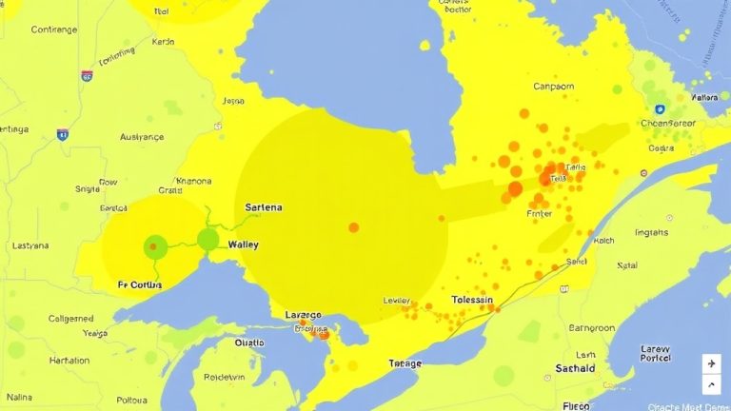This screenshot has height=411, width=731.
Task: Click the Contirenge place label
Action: [x=53, y=29]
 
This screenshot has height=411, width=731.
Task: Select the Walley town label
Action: [x=243, y=245]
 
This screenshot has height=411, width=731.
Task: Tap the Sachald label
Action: [x=575, y=368]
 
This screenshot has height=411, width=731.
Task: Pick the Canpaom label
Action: [x=553, y=87]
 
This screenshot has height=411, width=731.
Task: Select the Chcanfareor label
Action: [x=669, y=122]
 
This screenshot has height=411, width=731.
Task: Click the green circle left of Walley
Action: [x=207, y=240]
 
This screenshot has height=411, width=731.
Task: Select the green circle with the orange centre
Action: [x=154, y=248]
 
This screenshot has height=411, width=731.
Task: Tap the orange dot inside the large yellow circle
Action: [x=354, y=227]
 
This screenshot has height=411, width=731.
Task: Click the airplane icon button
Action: [x=710, y=363]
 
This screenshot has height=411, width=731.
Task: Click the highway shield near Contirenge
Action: [x=87, y=75]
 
